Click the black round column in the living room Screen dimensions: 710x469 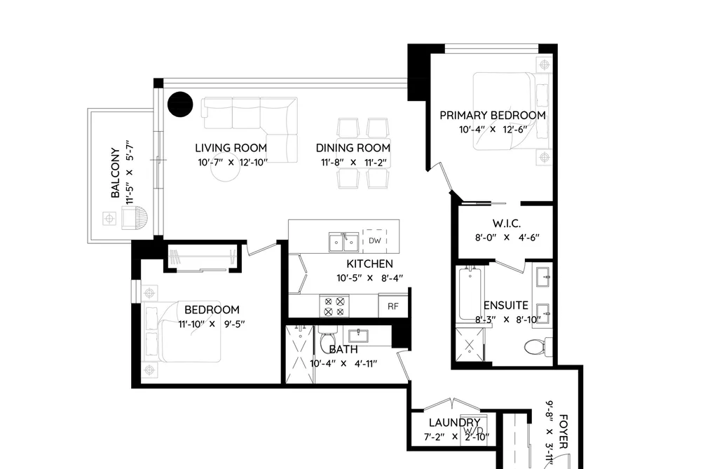click(x=180, y=104)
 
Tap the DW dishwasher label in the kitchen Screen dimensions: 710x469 click(x=375, y=241)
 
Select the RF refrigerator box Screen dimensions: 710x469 click(x=393, y=306)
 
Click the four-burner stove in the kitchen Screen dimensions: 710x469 click(x=334, y=306)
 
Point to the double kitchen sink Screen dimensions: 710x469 click(x=343, y=242)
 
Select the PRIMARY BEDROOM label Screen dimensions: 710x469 click(x=493, y=116)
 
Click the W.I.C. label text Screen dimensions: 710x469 click(x=507, y=224)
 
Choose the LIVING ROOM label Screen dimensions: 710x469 click(x=231, y=148)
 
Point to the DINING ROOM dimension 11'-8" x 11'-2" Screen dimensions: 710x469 click(x=353, y=163)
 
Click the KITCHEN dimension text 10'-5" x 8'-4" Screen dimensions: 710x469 click(x=369, y=278)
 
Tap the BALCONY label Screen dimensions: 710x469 click(x=116, y=172)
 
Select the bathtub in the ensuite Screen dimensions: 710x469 click(x=470, y=294)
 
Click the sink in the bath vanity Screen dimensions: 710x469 click(x=358, y=336)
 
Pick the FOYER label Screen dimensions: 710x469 click(x=564, y=431)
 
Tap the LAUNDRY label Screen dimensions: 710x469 click(x=455, y=423)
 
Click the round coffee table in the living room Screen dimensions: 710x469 click(x=226, y=168)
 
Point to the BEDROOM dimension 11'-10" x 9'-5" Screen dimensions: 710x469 click(x=212, y=324)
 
